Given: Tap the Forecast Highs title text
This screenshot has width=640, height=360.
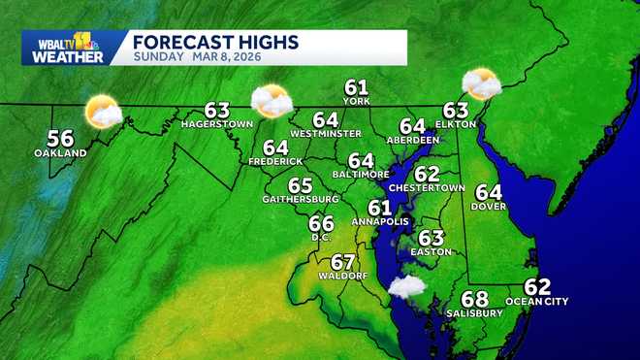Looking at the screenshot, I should [215, 42].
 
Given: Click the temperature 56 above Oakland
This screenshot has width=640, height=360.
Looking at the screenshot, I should [60, 138].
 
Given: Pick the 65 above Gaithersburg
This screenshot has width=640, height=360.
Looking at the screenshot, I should [300, 185].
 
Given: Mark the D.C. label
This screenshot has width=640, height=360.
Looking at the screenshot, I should [321, 237].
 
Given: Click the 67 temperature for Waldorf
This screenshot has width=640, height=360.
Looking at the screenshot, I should [342, 262].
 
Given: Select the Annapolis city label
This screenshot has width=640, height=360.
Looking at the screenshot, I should [379, 221].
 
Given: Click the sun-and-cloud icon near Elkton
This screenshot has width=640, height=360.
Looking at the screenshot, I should [480, 84].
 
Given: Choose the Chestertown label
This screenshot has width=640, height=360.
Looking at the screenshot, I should [427, 186].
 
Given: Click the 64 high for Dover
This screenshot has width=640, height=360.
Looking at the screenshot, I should [489, 192].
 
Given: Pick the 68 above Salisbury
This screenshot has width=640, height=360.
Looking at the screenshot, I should [474, 299].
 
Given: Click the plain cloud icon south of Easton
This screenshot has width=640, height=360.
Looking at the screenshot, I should [406, 286].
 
